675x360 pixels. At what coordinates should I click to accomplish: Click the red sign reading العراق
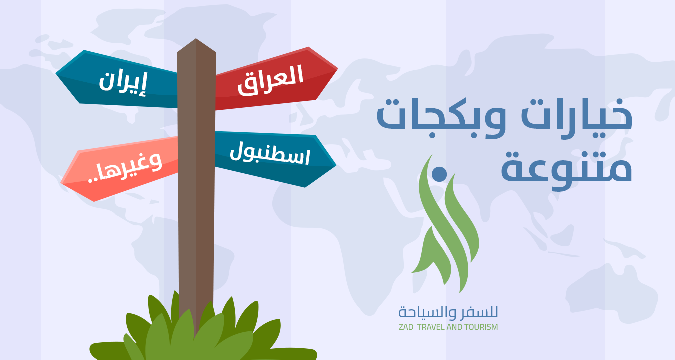click(275, 79)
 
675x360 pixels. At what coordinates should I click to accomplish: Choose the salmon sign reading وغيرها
click(120, 168)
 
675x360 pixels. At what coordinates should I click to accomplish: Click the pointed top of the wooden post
click(196, 39)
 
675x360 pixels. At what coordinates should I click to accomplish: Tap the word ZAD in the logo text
click(406, 327)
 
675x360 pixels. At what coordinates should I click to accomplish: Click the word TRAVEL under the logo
click(431, 327)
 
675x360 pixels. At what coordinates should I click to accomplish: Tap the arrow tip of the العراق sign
click(338, 69)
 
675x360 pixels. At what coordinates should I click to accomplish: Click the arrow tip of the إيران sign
click(56, 73)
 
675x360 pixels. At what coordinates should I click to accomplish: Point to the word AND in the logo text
click(455, 327)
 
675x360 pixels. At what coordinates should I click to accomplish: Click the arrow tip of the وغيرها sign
click(61, 183)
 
